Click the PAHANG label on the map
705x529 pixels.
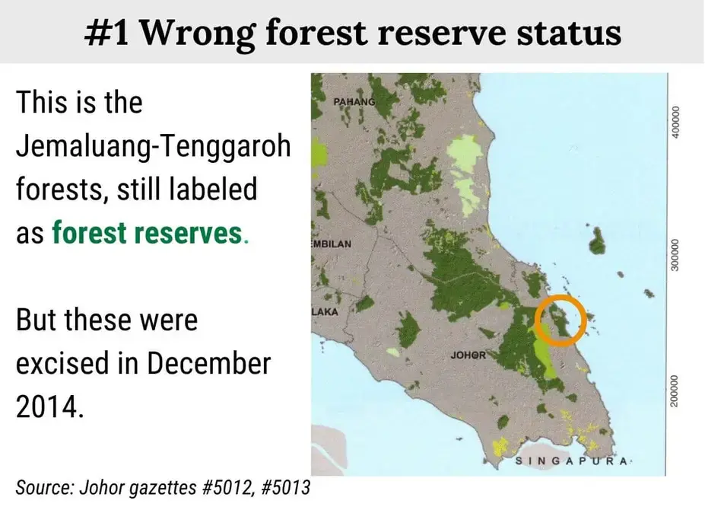coord(354,102)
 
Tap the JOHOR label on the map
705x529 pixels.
coord(468,355)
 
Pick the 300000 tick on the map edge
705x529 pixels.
coord(674,255)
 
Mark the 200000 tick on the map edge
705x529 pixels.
coord(674,390)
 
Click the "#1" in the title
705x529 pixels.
coord(106,33)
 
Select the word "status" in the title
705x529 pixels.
coord(569,33)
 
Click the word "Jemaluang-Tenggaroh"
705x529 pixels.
coord(154,146)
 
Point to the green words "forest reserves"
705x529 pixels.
coord(147,233)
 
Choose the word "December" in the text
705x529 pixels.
coord(209,364)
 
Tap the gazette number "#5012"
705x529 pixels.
coord(227,487)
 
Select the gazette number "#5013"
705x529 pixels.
coord(285,487)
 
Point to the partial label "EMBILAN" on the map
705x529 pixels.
coord(332,244)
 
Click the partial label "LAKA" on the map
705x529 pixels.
coord(325,312)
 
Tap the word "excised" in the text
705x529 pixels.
coord(62,364)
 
